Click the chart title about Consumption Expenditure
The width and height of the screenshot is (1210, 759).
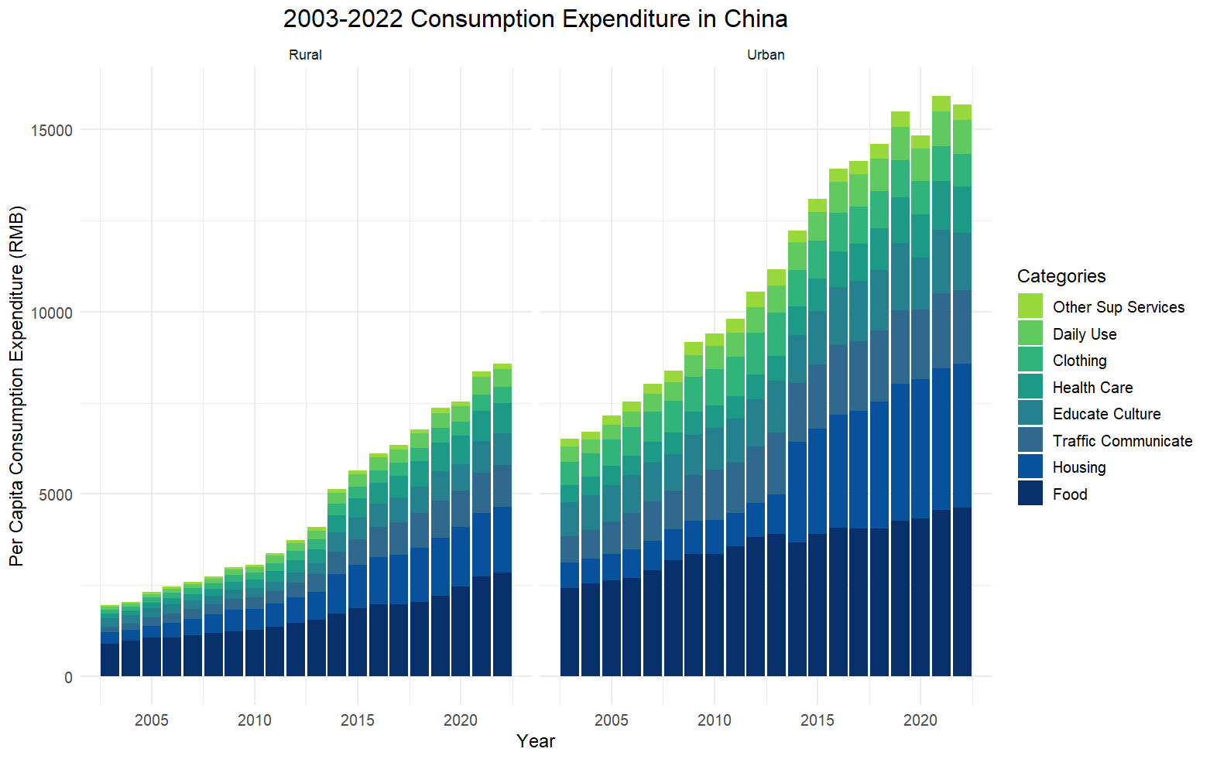[535, 19]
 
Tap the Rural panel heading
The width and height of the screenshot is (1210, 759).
[305, 55]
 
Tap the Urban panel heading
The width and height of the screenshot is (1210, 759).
[766, 55]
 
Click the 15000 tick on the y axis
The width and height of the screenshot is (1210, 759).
[52, 130]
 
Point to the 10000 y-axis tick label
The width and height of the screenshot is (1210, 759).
[52, 313]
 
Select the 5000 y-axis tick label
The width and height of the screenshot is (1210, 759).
[56, 494]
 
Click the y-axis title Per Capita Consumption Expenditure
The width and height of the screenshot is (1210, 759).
[17, 385]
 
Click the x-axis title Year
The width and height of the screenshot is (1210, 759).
[535, 741]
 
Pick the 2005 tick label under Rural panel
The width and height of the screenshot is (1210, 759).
[152, 720]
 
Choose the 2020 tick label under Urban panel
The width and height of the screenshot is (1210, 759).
[920, 720]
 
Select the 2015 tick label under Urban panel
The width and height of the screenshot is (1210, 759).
[818, 720]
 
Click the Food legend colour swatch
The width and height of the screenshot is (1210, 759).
[1030, 494]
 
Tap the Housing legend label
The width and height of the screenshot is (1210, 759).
[1078, 467]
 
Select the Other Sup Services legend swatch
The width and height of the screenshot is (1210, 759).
[1030, 306]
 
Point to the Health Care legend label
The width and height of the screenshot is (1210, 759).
[1092, 388]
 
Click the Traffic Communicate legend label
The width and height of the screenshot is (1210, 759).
[1122, 441]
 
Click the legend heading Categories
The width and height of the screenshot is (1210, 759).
[1061, 276]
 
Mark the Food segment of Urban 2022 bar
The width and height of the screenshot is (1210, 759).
[962, 592]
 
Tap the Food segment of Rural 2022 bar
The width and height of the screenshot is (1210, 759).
[502, 624]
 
